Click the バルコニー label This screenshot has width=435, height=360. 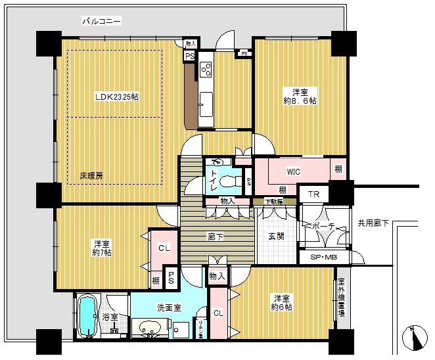click(x=102, y=21)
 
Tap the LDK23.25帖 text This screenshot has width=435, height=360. click(x=116, y=97)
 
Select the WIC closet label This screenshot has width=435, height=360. click(x=293, y=171)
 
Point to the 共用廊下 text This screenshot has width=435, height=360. click(x=373, y=223)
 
